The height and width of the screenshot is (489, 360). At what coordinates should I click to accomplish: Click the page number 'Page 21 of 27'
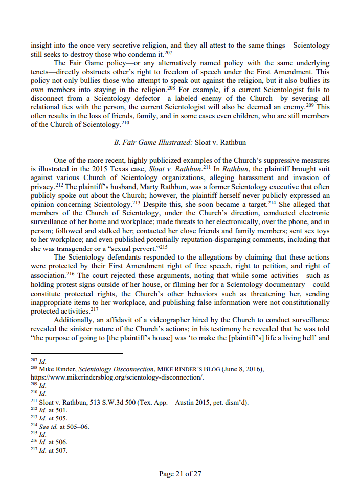[x=180, y=474]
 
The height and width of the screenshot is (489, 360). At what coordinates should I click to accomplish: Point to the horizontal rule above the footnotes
[x=77, y=353]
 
